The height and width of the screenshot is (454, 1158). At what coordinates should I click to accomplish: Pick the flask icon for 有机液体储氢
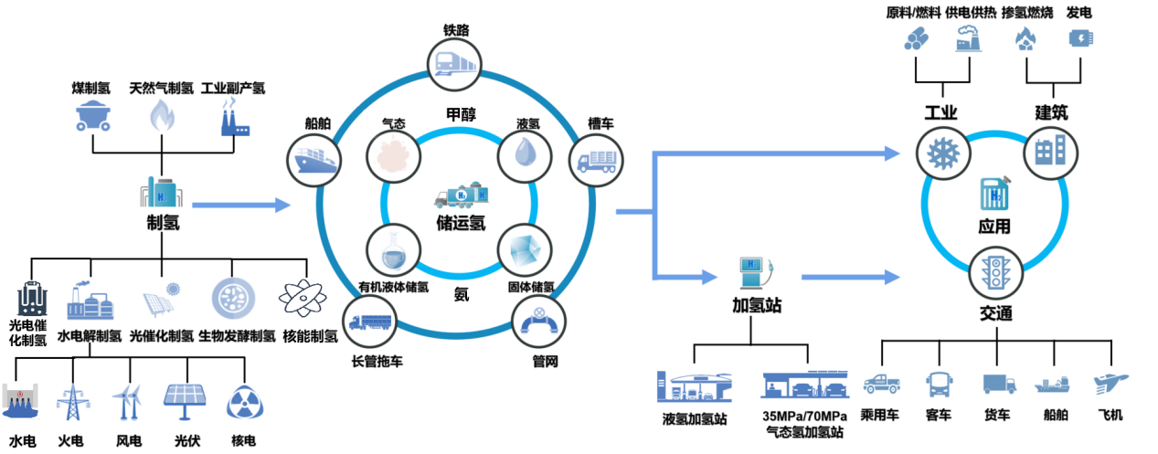pyautogui.click(x=393, y=249)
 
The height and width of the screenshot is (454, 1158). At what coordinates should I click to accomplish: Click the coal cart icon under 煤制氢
pyautogui.click(x=93, y=116)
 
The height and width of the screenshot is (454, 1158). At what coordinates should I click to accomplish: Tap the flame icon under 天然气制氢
pyautogui.click(x=162, y=115)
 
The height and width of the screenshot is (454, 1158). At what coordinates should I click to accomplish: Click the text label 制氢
pyautogui.click(x=162, y=223)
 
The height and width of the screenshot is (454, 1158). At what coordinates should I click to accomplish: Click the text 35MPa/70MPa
pyautogui.click(x=805, y=417)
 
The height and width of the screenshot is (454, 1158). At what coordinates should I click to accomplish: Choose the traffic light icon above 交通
pyautogui.click(x=994, y=273)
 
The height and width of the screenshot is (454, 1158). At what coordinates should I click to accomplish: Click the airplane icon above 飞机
pyautogui.click(x=1110, y=382)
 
